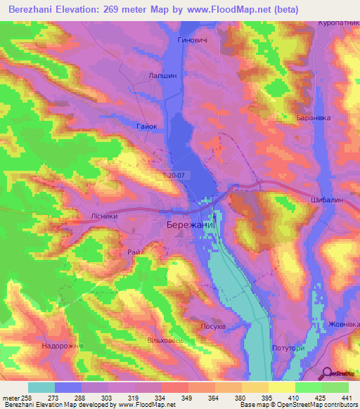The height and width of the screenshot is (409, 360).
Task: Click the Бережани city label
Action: [x=190, y=224]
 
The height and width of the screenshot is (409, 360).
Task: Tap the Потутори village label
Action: [x=288, y=349]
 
